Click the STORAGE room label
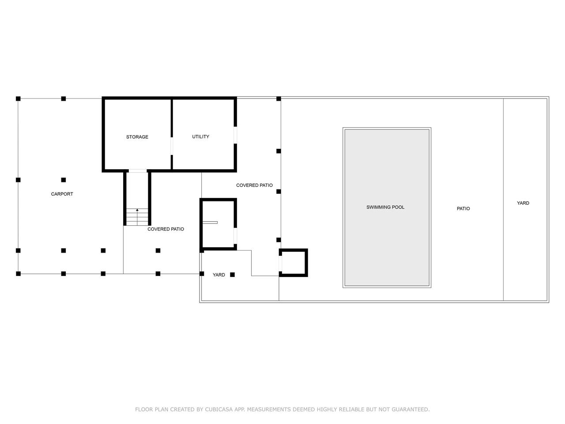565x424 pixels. point(137,137)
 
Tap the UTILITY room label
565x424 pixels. point(200,136)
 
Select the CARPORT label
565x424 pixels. point(62,194)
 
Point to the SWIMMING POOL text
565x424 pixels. point(385,207)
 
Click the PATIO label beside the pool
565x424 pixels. point(463,208)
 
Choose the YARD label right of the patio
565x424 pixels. point(523,203)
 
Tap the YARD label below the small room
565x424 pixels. point(218,275)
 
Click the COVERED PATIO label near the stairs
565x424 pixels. point(166,229)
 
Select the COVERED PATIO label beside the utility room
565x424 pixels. point(254,185)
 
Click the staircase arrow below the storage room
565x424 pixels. point(137,217)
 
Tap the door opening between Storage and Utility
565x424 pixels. point(172,146)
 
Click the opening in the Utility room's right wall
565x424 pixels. point(235,135)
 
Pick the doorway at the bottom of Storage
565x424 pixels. point(137,170)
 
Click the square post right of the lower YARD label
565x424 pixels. point(232,275)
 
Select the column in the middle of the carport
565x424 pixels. point(63,180)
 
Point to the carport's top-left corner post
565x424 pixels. point(18,98)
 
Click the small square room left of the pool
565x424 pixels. point(294,263)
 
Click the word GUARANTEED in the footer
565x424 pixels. point(411,409)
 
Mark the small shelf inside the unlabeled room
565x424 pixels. point(210,223)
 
